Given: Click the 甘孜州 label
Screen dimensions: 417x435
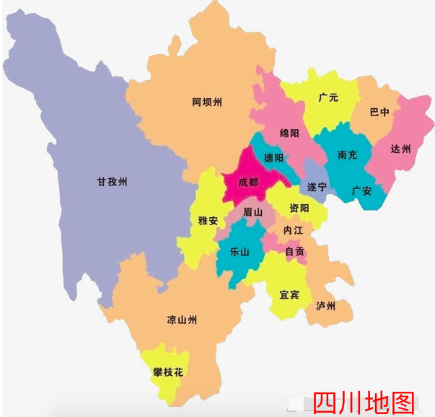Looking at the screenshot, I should pyautogui.click(x=112, y=182).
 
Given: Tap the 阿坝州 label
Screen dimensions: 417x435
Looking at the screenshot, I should pyautogui.click(x=207, y=102).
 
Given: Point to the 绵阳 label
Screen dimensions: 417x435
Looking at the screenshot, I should pyautogui.click(x=291, y=133).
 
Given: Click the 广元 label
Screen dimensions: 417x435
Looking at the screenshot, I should pyautogui.click(x=328, y=97).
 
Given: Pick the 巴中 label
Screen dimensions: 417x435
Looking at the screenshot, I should pyautogui.click(x=379, y=113).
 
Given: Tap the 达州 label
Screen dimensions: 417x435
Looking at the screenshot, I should pyautogui.click(x=400, y=149).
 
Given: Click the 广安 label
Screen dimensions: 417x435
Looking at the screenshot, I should pyautogui.click(x=361, y=190).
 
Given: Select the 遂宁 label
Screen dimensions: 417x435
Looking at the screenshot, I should pyautogui.click(x=317, y=188).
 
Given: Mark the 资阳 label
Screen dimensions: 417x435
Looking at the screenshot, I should pyautogui.click(x=299, y=208).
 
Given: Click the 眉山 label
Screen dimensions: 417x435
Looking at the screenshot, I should pyautogui.click(x=253, y=212).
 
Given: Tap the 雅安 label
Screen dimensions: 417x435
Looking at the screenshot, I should pyautogui.click(x=207, y=221).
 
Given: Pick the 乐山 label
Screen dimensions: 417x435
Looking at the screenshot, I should pyautogui.click(x=240, y=252).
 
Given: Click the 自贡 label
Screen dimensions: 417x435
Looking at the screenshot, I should pyautogui.click(x=295, y=252).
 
